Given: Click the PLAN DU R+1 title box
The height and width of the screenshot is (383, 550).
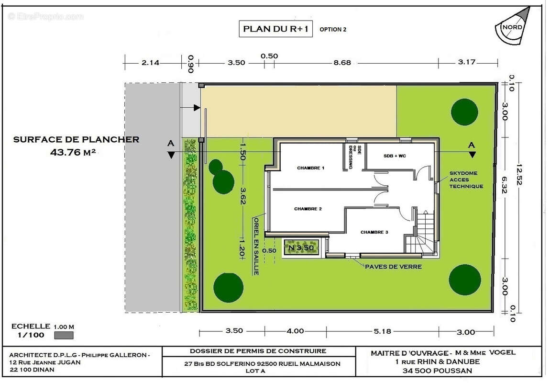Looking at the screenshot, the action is [x=275, y=29].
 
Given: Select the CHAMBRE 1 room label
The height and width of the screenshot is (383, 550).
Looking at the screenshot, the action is [x=311, y=168].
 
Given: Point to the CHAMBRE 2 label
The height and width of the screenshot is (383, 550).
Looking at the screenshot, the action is [x=308, y=209].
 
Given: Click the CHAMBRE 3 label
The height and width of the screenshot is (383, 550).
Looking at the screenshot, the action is [x=374, y=232].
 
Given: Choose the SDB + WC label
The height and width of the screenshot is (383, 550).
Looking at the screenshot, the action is [x=395, y=156].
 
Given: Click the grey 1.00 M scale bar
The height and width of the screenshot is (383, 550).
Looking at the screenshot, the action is [x=64, y=335].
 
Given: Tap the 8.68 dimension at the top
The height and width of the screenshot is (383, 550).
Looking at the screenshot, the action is [x=342, y=63].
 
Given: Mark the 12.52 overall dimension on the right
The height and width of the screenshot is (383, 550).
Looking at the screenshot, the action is [x=519, y=174].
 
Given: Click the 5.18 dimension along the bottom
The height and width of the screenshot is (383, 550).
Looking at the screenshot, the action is [x=382, y=331].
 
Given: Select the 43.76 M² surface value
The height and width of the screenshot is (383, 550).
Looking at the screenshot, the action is [x=73, y=152].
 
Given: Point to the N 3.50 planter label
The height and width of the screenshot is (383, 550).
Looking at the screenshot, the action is [x=301, y=248].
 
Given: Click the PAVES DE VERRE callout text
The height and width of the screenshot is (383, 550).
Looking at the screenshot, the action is [x=393, y=267].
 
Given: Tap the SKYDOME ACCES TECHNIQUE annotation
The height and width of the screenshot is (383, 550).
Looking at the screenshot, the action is [x=466, y=180].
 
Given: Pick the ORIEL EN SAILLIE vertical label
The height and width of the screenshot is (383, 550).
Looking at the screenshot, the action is [x=256, y=246].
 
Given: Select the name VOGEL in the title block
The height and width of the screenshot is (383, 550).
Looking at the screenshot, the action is [x=502, y=352].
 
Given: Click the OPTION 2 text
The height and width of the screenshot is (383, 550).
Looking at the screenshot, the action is [x=333, y=30].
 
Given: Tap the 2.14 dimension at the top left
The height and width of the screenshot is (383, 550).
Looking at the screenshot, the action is [x=151, y=63].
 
